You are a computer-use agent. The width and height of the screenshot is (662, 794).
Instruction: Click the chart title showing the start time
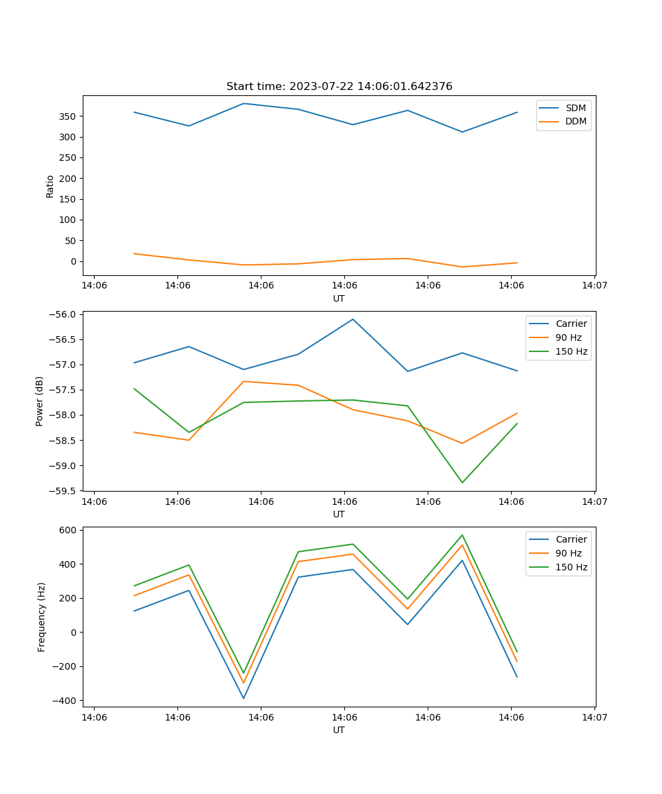click(339, 87)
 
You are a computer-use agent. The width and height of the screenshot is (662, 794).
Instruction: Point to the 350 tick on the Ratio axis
click(69, 116)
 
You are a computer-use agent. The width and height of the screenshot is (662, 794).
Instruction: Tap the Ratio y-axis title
click(50, 186)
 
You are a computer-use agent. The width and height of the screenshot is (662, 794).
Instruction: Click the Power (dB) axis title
click(40, 401)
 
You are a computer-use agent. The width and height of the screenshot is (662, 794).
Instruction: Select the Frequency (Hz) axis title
click(41, 617)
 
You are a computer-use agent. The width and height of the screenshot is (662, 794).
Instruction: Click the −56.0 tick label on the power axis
click(61, 314)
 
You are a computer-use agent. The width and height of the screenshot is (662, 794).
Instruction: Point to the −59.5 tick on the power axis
click(61, 491)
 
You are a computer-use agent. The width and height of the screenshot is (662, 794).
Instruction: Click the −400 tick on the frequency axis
click(64, 701)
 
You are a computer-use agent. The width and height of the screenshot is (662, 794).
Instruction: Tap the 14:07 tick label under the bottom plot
click(594, 717)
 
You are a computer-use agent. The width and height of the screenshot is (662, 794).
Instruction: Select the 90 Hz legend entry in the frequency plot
click(569, 553)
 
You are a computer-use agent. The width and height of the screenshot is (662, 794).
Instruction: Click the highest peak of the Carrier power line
click(353, 319)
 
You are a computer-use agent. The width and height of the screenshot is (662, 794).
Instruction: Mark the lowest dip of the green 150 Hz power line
click(462, 482)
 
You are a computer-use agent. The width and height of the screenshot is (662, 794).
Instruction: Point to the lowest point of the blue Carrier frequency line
click(244, 698)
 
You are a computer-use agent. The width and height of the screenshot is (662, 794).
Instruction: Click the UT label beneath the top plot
click(339, 298)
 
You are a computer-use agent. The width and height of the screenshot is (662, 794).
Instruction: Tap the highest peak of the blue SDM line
click(244, 103)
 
